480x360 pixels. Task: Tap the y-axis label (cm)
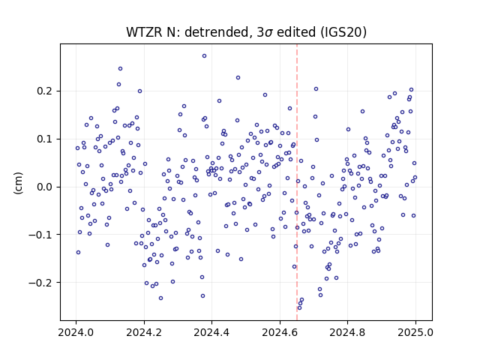point(18,183)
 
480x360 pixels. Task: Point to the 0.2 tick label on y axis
point(44,91)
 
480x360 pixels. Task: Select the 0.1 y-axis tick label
point(44,139)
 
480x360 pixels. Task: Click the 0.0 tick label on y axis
point(44,187)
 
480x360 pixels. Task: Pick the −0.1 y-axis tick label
point(40,235)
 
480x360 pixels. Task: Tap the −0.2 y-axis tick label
point(40,283)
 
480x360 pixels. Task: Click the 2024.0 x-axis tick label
point(76,332)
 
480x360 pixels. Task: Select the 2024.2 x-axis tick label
point(144,332)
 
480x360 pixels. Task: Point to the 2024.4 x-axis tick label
point(211,332)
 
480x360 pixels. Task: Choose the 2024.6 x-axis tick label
point(280,332)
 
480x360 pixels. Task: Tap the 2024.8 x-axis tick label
point(347,332)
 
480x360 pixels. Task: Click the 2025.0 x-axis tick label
point(415,332)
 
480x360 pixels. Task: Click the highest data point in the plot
point(204,56)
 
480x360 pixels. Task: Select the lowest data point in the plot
point(299,307)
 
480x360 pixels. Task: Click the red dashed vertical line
point(297,182)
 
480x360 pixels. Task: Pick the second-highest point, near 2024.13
point(120,68)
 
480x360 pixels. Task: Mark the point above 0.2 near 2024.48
point(238,78)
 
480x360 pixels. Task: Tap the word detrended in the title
point(217,32)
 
